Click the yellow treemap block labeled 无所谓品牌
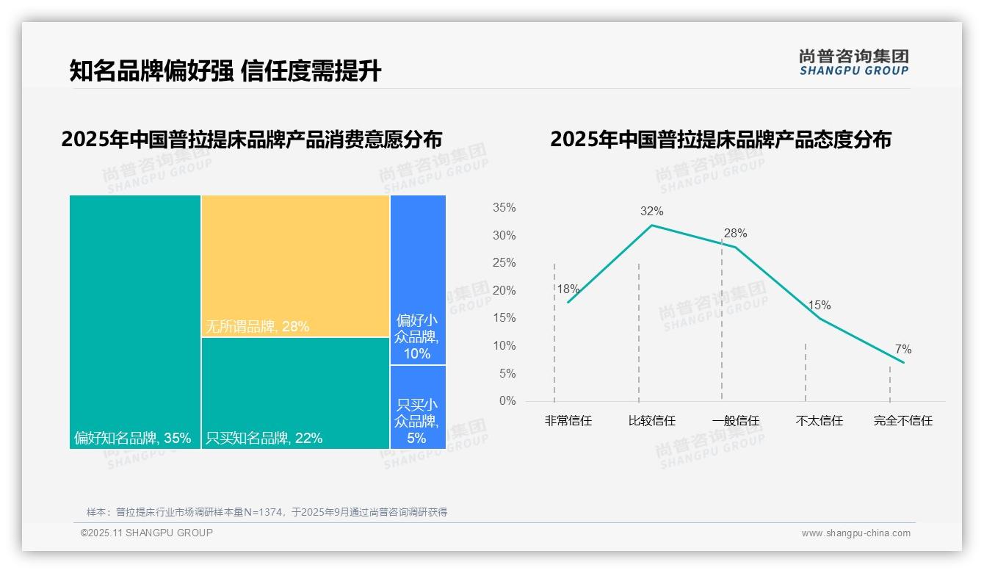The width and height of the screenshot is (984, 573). pos(295,265)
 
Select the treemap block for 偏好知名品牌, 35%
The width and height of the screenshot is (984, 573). pos(135,321)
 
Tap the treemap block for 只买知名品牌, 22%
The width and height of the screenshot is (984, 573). pos(295,392)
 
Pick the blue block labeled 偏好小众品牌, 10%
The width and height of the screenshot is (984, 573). pos(418,279)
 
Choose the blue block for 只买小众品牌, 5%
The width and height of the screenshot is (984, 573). pos(418,406)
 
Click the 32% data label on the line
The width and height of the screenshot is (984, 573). pos(651,212)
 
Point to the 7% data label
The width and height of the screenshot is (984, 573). pos(903,350)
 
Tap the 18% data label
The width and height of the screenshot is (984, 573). pos(568,289)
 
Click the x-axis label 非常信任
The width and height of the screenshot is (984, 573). pos(568,421)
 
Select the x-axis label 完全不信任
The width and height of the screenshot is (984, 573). pos(902,421)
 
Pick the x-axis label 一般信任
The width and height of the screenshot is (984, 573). pos(735,421)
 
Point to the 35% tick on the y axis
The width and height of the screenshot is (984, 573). pos(504,208)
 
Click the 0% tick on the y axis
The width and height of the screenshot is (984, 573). pos(507,401)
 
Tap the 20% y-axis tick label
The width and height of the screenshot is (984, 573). pos(504,291)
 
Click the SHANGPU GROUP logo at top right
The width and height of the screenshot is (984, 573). pos(853,62)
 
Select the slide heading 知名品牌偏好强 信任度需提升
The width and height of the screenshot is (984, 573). pos(225,71)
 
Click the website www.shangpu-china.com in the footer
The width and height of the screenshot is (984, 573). pos(855,533)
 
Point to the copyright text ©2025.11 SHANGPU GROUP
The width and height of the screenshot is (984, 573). pos(147,533)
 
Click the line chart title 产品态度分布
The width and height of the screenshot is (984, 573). pos(720,140)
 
